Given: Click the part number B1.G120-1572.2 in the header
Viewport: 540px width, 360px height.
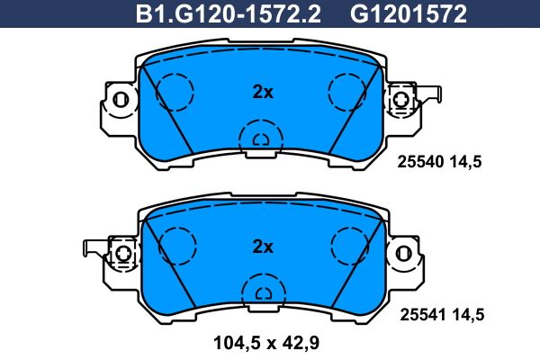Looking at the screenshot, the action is (229, 13).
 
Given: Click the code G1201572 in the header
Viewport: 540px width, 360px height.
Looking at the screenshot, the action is (409, 13).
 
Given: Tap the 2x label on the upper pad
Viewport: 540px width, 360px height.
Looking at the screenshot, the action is (263, 92).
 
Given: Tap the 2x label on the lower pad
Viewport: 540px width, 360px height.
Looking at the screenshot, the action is (263, 247).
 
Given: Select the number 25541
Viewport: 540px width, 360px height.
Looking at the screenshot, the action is (423, 315).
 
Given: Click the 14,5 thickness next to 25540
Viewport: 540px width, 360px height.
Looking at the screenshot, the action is (465, 162).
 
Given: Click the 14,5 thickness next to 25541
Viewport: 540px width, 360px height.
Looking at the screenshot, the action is (468, 315).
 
